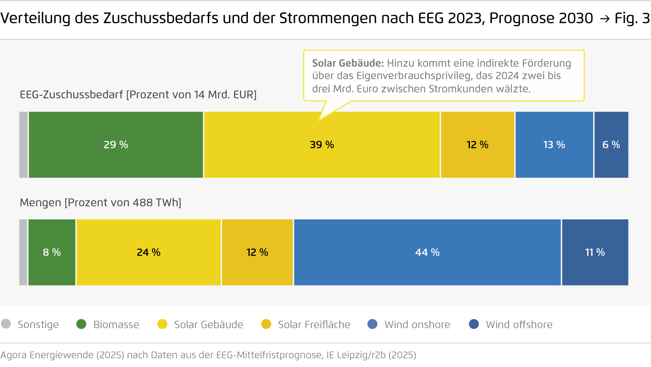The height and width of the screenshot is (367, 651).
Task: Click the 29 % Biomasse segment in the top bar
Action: [x=116, y=144]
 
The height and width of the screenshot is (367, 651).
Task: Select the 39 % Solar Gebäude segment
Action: [x=322, y=144]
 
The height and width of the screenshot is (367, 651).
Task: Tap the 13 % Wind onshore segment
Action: [x=554, y=144]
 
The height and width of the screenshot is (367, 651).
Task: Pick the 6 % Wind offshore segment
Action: [x=611, y=144]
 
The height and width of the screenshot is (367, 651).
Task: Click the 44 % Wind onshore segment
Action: [x=427, y=252]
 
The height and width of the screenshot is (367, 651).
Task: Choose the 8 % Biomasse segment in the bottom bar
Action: [x=52, y=252]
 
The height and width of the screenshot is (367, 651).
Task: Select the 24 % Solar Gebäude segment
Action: [x=148, y=252]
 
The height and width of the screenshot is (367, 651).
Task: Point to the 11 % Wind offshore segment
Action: [x=594, y=252]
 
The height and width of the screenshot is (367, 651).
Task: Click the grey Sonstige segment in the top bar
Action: [x=23, y=144]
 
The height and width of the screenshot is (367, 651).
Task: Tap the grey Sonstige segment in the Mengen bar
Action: [x=23, y=252]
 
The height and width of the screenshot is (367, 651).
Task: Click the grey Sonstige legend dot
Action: [x=6, y=324]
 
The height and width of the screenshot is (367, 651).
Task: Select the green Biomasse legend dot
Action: [x=82, y=324]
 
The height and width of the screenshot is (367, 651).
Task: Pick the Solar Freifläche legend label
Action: [x=314, y=325]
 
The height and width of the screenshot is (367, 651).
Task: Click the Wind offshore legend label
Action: [x=519, y=325]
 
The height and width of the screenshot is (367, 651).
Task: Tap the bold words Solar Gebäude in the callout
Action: [x=348, y=63]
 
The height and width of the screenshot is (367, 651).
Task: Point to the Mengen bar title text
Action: [x=100, y=202]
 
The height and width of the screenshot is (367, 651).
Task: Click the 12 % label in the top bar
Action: [x=477, y=144]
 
